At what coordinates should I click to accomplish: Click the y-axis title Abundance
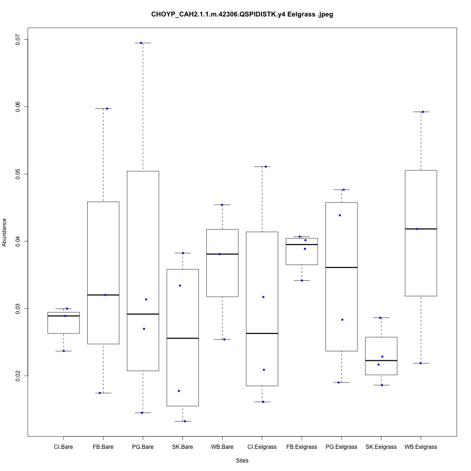(5, 232)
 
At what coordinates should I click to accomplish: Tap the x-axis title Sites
(242, 460)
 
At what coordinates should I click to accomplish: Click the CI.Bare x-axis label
(63, 447)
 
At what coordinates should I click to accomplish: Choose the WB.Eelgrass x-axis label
(421, 447)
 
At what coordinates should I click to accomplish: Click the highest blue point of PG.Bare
(141, 43)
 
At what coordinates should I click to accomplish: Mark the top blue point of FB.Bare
(107, 108)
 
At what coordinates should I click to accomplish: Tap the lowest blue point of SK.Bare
(185, 421)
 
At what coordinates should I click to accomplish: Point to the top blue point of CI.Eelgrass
(266, 166)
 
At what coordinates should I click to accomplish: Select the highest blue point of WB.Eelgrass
(423, 112)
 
